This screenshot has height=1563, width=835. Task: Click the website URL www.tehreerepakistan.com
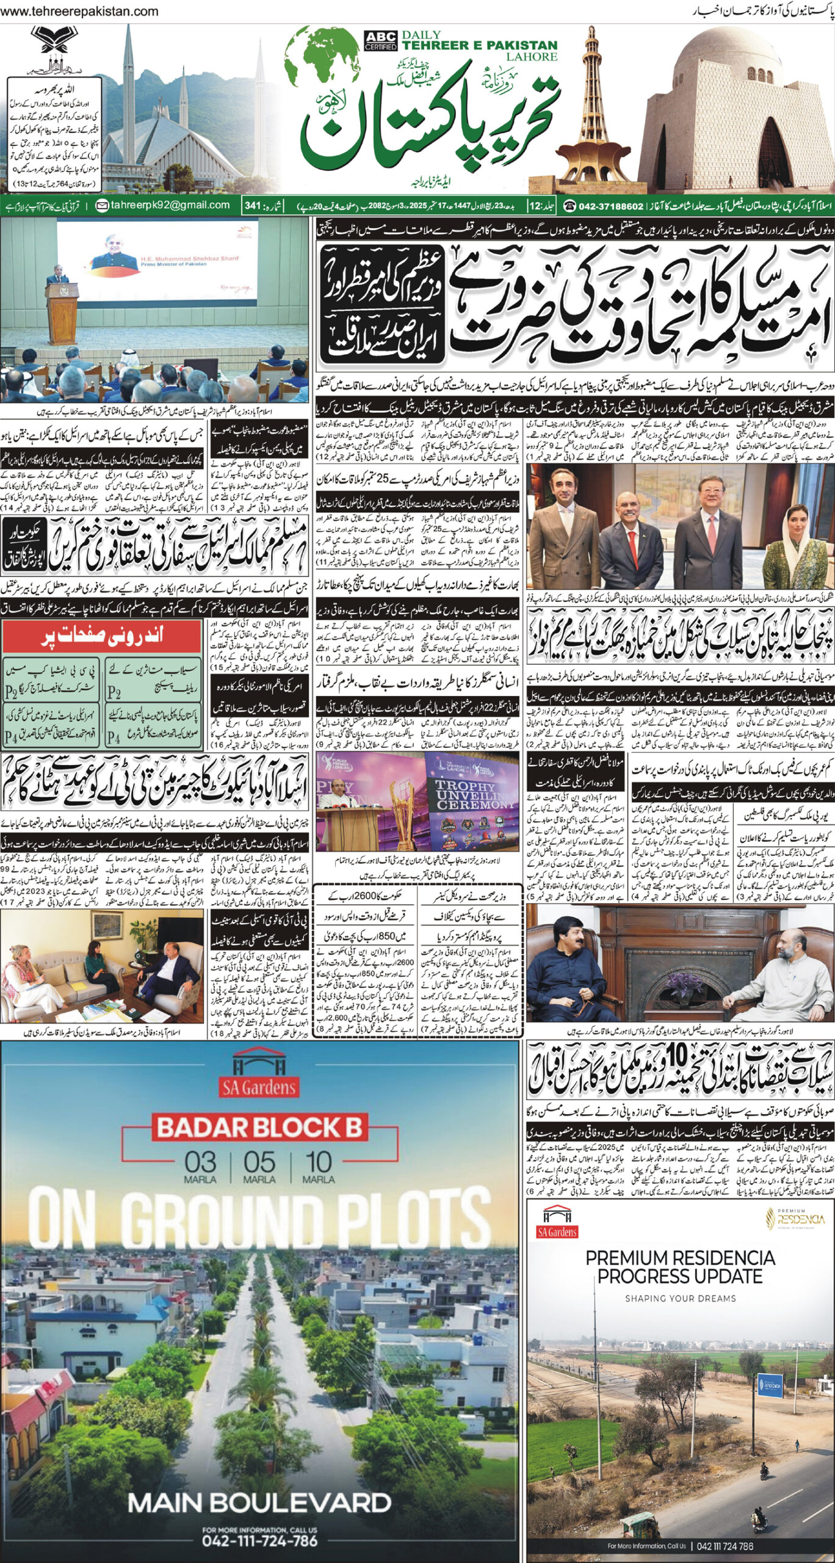coord(80,12)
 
